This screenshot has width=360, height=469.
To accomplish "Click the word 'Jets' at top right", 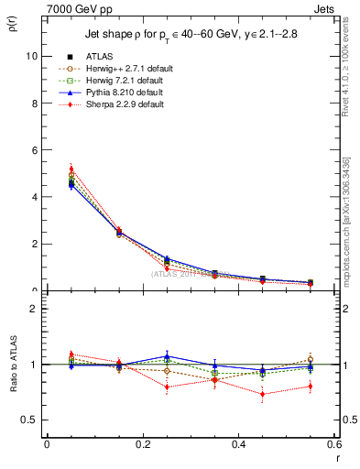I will [322, 8].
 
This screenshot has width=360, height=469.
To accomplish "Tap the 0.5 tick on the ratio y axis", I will [28, 420].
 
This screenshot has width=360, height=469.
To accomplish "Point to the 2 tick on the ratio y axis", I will [33, 309].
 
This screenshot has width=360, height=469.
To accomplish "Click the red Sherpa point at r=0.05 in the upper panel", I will [71, 169].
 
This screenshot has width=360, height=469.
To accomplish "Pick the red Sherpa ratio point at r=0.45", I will [263, 395].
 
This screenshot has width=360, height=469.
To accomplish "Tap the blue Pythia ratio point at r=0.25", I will [167, 356].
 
